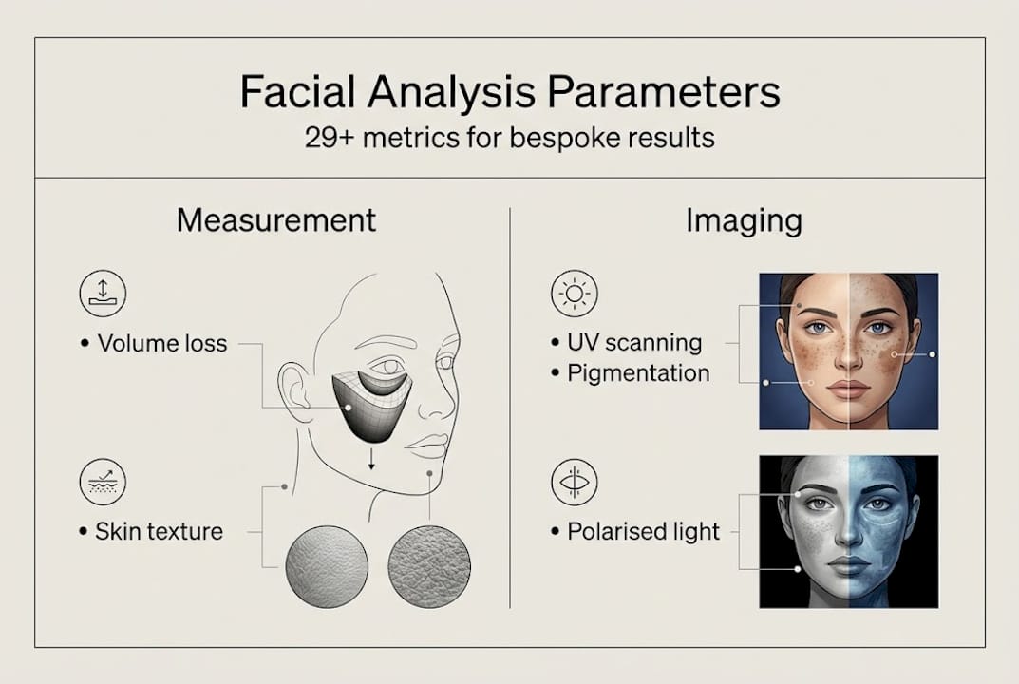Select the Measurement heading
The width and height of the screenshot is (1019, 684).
(x=276, y=220)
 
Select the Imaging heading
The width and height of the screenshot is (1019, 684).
(x=744, y=220)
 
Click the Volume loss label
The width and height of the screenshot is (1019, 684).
(x=162, y=343)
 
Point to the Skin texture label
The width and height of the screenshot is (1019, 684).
(x=159, y=531)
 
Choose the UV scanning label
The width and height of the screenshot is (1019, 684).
(x=634, y=342)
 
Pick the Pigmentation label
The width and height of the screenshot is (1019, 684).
(x=638, y=373)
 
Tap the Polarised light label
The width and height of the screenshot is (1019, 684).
(x=644, y=531)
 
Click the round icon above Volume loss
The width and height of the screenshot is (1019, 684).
(x=102, y=294)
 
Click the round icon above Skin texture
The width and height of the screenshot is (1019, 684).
(x=102, y=482)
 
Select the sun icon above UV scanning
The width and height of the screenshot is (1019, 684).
(x=575, y=294)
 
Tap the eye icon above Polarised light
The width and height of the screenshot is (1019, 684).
(x=575, y=482)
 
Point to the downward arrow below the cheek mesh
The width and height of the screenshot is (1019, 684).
(x=371, y=461)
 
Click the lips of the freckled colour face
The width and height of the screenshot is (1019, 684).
(x=848, y=388)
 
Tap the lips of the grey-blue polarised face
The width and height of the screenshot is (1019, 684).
(x=848, y=566)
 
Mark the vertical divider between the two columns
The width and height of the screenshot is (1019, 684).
(x=510, y=408)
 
